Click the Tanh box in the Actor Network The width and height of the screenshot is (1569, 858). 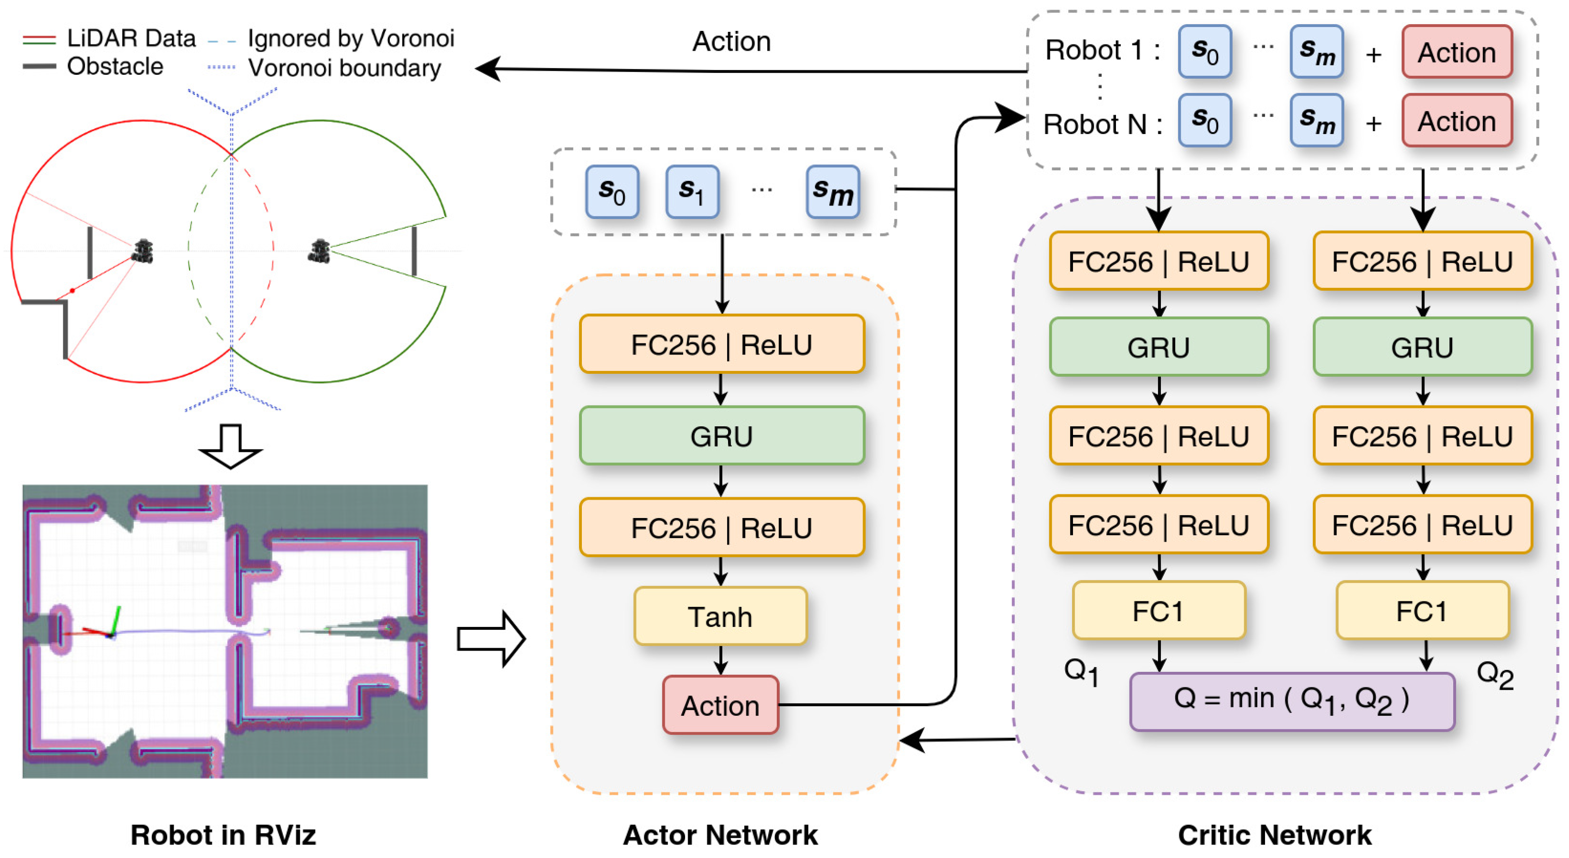(720, 616)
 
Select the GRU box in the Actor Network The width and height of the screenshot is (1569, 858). (721, 436)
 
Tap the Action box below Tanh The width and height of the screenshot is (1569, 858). (720, 705)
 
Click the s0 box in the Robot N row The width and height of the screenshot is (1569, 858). (1204, 121)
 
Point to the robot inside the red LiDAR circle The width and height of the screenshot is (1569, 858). (143, 251)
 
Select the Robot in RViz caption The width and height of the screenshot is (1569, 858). (223, 835)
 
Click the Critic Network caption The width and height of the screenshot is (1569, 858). (1274, 835)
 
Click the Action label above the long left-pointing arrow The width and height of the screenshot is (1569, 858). (731, 41)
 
